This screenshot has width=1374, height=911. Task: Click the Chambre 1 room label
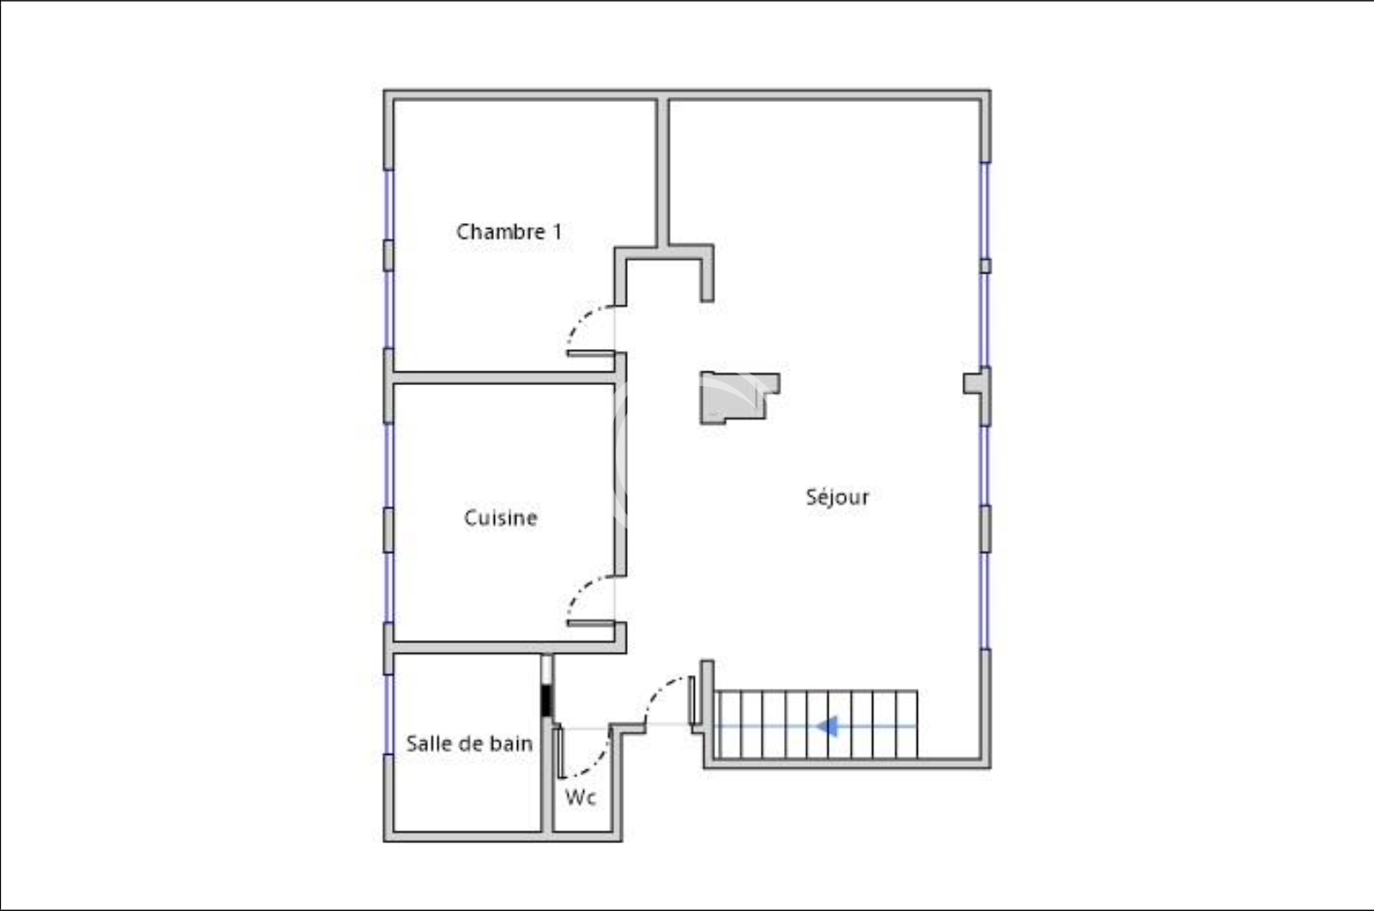(x=509, y=232)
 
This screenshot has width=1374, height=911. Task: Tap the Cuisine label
(x=501, y=518)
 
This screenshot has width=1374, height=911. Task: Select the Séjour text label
(x=837, y=497)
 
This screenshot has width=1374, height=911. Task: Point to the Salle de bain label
(x=469, y=744)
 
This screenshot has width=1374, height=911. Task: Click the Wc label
(x=581, y=798)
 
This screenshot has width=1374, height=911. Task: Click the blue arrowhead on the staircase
(x=828, y=727)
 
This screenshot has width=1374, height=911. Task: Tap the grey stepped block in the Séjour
(x=739, y=397)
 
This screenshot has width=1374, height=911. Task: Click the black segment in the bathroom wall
(x=546, y=701)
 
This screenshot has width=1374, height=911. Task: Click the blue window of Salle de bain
(x=389, y=715)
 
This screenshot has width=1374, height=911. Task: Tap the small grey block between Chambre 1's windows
(x=389, y=256)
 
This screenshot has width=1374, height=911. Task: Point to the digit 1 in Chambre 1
(x=557, y=232)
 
